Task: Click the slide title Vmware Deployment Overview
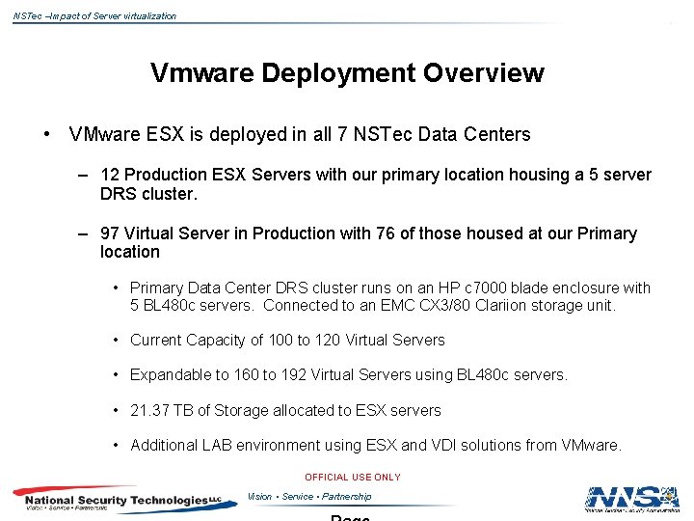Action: click(347, 73)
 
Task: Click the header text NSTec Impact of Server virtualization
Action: click(94, 15)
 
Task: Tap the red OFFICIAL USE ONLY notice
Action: click(352, 477)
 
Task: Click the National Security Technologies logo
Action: click(116, 500)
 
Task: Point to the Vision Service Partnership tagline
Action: click(308, 497)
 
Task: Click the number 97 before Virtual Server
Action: click(110, 233)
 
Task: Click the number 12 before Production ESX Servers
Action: click(110, 175)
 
